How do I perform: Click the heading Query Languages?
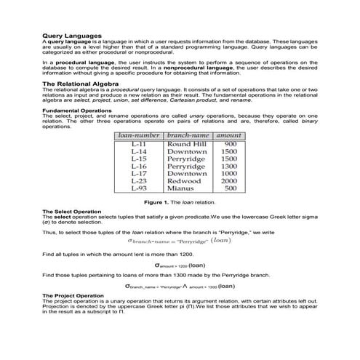point(71,35)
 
